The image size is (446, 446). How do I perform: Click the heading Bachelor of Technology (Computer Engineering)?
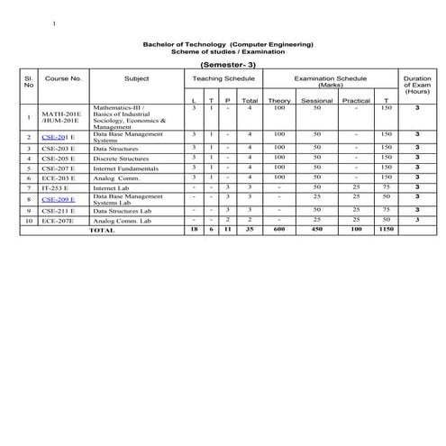point(228,44)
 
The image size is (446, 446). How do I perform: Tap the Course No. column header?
point(63,79)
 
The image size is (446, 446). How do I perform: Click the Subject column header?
point(137,79)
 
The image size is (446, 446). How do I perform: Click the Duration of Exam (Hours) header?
point(417,86)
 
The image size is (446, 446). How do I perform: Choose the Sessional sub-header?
point(316,100)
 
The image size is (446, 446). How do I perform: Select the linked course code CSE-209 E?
point(59,198)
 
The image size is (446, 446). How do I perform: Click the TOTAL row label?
point(102,230)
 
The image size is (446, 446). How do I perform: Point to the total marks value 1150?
point(387,230)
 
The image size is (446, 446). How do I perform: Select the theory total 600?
point(279,230)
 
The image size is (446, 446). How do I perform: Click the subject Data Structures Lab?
point(123,210)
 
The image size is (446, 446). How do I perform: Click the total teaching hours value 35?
point(250,230)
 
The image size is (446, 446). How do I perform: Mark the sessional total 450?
point(316,230)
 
